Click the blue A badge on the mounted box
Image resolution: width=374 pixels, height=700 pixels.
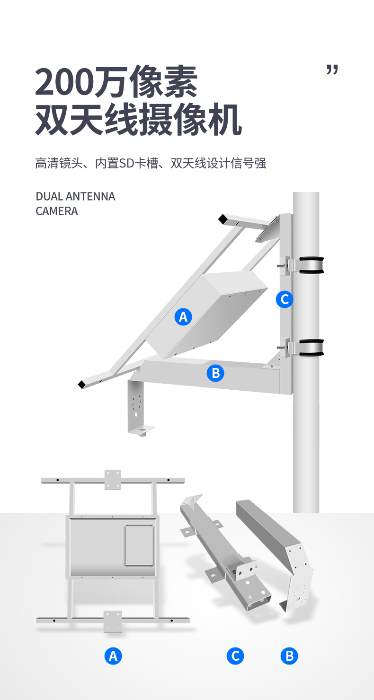pyautogui.click(x=183, y=317)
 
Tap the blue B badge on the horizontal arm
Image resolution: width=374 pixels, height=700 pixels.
pyautogui.click(x=215, y=373)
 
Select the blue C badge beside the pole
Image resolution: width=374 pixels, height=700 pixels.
pyautogui.click(x=285, y=299)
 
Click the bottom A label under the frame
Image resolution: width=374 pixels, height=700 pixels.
pyautogui.click(x=113, y=656)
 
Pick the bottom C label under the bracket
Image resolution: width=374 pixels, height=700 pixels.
pyautogui.click(x=235, y=656)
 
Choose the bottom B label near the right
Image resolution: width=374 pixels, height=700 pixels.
pyautogui.click(x=289, y=656)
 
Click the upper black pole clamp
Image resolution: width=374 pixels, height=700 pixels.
pyautogui.click(x=312, y=265)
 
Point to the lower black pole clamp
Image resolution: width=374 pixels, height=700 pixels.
pyautogui.click(x=312, y=348)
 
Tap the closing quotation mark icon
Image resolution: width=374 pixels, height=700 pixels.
pyautogui.click(x=332, y=70)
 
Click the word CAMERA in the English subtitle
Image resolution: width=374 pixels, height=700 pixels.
pyautogui.click(x=57, y=211)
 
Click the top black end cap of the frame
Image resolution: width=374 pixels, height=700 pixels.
pyautogui.click(x=223, y=219)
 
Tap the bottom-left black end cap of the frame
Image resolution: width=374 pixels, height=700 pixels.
pyautogui.click(x=82, y=385)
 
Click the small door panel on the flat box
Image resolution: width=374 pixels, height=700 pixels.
pyautogui.click(x=140, y=546)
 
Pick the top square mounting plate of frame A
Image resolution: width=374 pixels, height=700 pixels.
pyautogui.click(x=113, y=480)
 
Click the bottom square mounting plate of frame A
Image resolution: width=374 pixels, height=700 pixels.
pyautogui.click(x=113, y=621)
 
